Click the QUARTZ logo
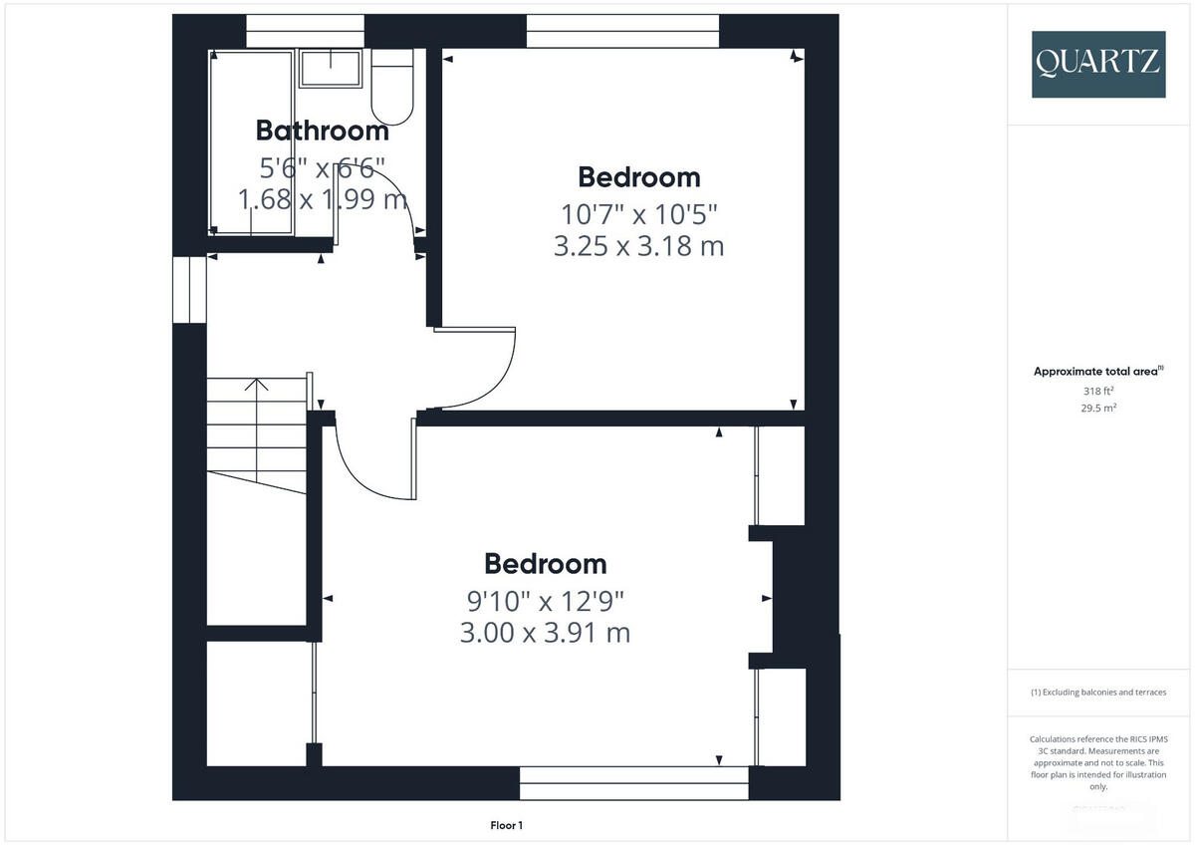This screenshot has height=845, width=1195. [x=1097, y=63]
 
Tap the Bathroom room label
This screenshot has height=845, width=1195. [x=322, y=131]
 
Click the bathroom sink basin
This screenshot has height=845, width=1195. [x=332, y=68]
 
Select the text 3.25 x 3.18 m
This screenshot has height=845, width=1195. [x=638, y=246]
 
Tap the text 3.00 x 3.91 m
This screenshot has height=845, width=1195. [x=545, y=633]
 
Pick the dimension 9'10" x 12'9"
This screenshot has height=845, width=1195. [x=545, y=600]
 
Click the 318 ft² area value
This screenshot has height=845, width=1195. [x=1097, y=392]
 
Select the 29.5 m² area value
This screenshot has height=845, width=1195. [x=1097, y=408]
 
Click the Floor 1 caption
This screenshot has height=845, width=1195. [x=506, y=825]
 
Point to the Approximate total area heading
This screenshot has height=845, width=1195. [x=1097, y=372]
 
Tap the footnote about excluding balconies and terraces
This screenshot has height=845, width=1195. [x=1097, y=693]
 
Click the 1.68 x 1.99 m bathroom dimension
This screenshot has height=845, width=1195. [x=322, y=200]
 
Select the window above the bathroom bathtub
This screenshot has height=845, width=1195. [x=304, y=31]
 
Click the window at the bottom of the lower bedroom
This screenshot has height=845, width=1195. [x=633, y=783]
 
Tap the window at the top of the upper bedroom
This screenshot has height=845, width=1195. [x=622, y=31]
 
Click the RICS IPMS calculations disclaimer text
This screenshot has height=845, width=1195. [x=1097, y=762]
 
